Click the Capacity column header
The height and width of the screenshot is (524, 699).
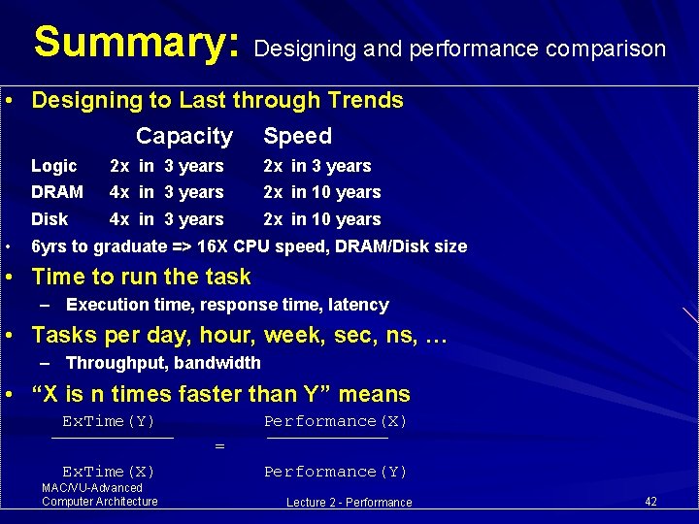(184, 136)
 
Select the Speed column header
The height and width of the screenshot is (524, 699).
(297, 136)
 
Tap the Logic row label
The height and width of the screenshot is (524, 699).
(53, 166)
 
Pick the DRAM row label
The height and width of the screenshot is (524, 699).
(57, 192)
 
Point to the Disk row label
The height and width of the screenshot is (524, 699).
(50, 219)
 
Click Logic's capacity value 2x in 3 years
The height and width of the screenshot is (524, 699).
(166, 166)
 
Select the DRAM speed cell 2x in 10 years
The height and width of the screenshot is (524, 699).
(322, 192)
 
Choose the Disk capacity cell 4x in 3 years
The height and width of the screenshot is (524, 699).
(166, 219)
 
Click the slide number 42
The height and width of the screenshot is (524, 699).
(650, 501)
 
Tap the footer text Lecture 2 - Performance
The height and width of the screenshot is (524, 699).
(349, 503)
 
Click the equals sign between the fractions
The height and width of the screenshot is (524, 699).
(219, 446)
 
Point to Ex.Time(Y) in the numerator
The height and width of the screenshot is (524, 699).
(109, 421)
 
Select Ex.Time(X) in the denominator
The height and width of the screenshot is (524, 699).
(109, 472)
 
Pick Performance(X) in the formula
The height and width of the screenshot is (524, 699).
(336, 421)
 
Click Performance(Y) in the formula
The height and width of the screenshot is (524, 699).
(336, 472)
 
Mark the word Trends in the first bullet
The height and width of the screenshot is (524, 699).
(368, 100)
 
